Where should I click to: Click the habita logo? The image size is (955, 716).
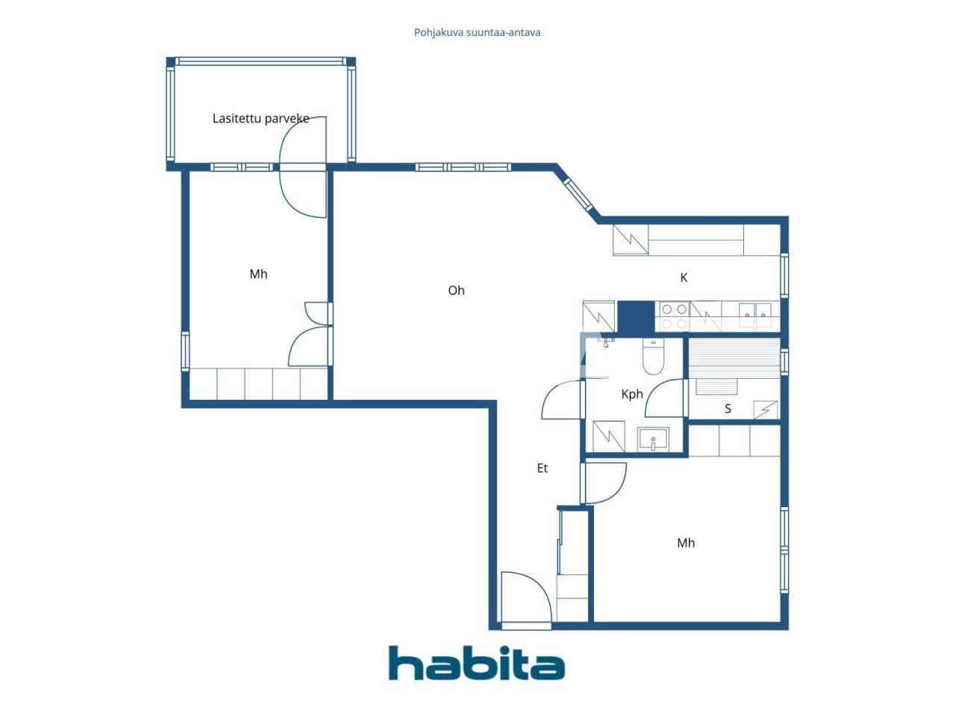(476, 663)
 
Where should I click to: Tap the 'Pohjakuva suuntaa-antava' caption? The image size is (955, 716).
(477, 33)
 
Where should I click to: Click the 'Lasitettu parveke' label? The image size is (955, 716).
(260, 119)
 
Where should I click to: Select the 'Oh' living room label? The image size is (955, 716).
(456, 291)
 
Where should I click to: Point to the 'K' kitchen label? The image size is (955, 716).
(683, 278)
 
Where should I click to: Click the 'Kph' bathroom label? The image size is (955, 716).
(632, 395)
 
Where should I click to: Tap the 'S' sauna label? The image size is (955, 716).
(728, 409)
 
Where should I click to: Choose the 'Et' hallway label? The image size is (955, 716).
(542, 468)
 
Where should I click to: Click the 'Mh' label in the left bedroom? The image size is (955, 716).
(258, 274)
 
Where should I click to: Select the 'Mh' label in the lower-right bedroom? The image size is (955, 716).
(686, 543)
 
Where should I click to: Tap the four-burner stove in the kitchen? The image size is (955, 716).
(672, 316)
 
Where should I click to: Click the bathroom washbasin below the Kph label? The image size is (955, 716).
(654, 439)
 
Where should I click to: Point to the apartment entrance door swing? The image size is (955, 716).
(526, 597)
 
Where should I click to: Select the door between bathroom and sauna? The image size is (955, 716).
(668, 399)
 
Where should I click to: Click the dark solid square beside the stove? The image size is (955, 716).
(636, 316)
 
